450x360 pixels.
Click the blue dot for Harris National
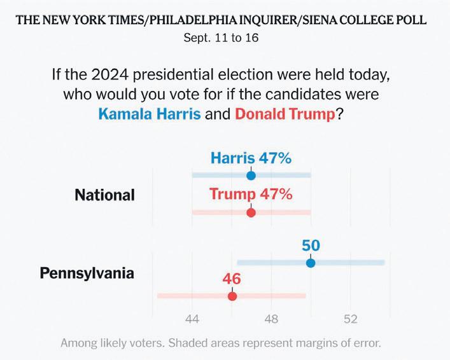point(251,176)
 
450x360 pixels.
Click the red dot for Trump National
point(251,212)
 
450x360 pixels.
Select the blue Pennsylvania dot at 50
point(311,263)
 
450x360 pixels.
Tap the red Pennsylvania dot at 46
point(232,296)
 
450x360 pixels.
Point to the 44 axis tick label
point(192,319)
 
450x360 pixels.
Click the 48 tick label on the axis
point(272,319)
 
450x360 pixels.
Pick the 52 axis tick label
point(351,319)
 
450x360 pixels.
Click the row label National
point(105,195)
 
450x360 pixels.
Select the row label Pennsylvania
point(87,273)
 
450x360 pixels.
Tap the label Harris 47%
point(251,158)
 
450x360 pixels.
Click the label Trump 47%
point(251,194)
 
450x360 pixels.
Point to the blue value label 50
point(311,246)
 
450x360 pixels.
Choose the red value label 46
point(232,279)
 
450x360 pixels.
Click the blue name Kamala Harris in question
point(150,115)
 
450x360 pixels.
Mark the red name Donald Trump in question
point(284,115)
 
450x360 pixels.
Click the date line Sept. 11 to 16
point(221,38)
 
